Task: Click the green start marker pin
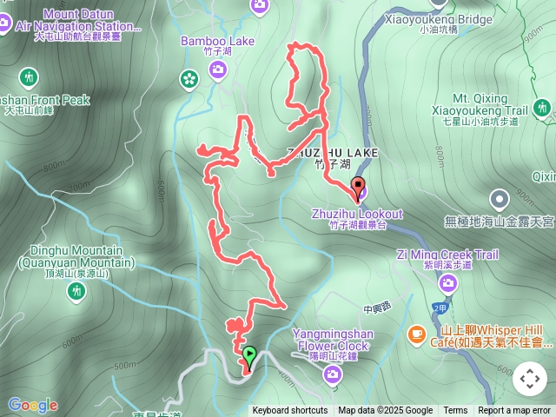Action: click(x=249, y=355)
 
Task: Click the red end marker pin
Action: click(x=357, y=185)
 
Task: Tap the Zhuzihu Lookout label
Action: click(x=357, y=215)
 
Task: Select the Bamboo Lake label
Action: click(x=205, y=41)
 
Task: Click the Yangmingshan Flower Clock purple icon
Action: click(x=332, y=374)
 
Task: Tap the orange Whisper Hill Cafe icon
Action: click(x=417, y=334)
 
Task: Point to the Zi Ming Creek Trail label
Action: click(x=447, y=255)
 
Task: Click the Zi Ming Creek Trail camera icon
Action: click(x=447, y=282)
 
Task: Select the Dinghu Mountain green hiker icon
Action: click(x=76, y=292)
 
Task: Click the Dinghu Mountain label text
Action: click(x=76, y=257)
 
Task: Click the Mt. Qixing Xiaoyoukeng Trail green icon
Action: click(x=543, y=108)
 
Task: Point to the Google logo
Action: click(x=32, y=405)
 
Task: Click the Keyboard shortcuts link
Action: click(x=290, y=411)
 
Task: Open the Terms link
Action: click(x=455, y=411)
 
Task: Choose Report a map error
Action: click(x=514, y=411)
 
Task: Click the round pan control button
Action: click(x=530, y=379)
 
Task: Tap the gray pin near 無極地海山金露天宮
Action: click(x=499, y=199)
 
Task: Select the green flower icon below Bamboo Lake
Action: click(x=189, y=80)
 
